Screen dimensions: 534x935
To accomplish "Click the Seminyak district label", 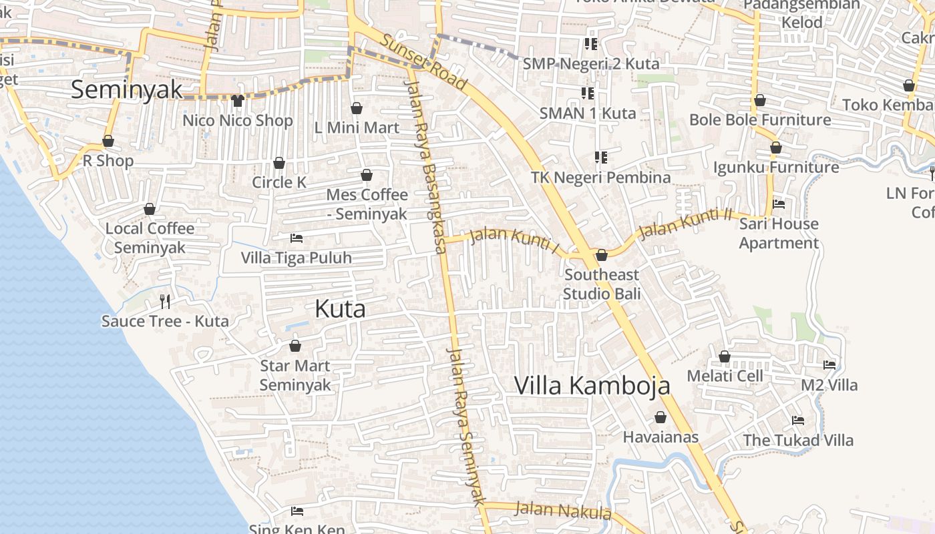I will (126, 89).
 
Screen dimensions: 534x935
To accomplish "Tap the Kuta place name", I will (340, 309).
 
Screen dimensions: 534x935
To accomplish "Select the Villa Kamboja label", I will (592, 386).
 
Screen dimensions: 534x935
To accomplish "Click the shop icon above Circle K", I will (279, 163).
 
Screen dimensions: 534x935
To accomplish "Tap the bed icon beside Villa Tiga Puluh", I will (297, 238).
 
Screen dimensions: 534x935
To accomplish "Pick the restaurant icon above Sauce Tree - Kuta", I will (165, 302).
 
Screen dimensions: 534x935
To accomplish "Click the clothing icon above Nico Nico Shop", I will (238, 101).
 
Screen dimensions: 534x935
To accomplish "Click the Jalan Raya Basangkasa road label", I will (425, 167).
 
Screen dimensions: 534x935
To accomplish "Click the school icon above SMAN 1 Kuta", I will (588, 93).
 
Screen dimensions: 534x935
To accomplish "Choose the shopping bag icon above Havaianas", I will (661, 417).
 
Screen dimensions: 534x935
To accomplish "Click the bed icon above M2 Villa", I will (829, 365).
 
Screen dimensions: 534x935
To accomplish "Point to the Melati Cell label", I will (725, 376).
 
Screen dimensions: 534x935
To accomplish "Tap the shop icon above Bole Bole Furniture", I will (760, 101).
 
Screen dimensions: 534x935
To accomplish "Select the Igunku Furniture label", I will (776, 167).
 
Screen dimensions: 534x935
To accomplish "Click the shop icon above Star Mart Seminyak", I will (295, 346).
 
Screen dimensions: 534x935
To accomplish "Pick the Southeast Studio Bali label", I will (601, 284).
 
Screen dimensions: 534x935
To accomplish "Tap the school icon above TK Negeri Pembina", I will (601, 158).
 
